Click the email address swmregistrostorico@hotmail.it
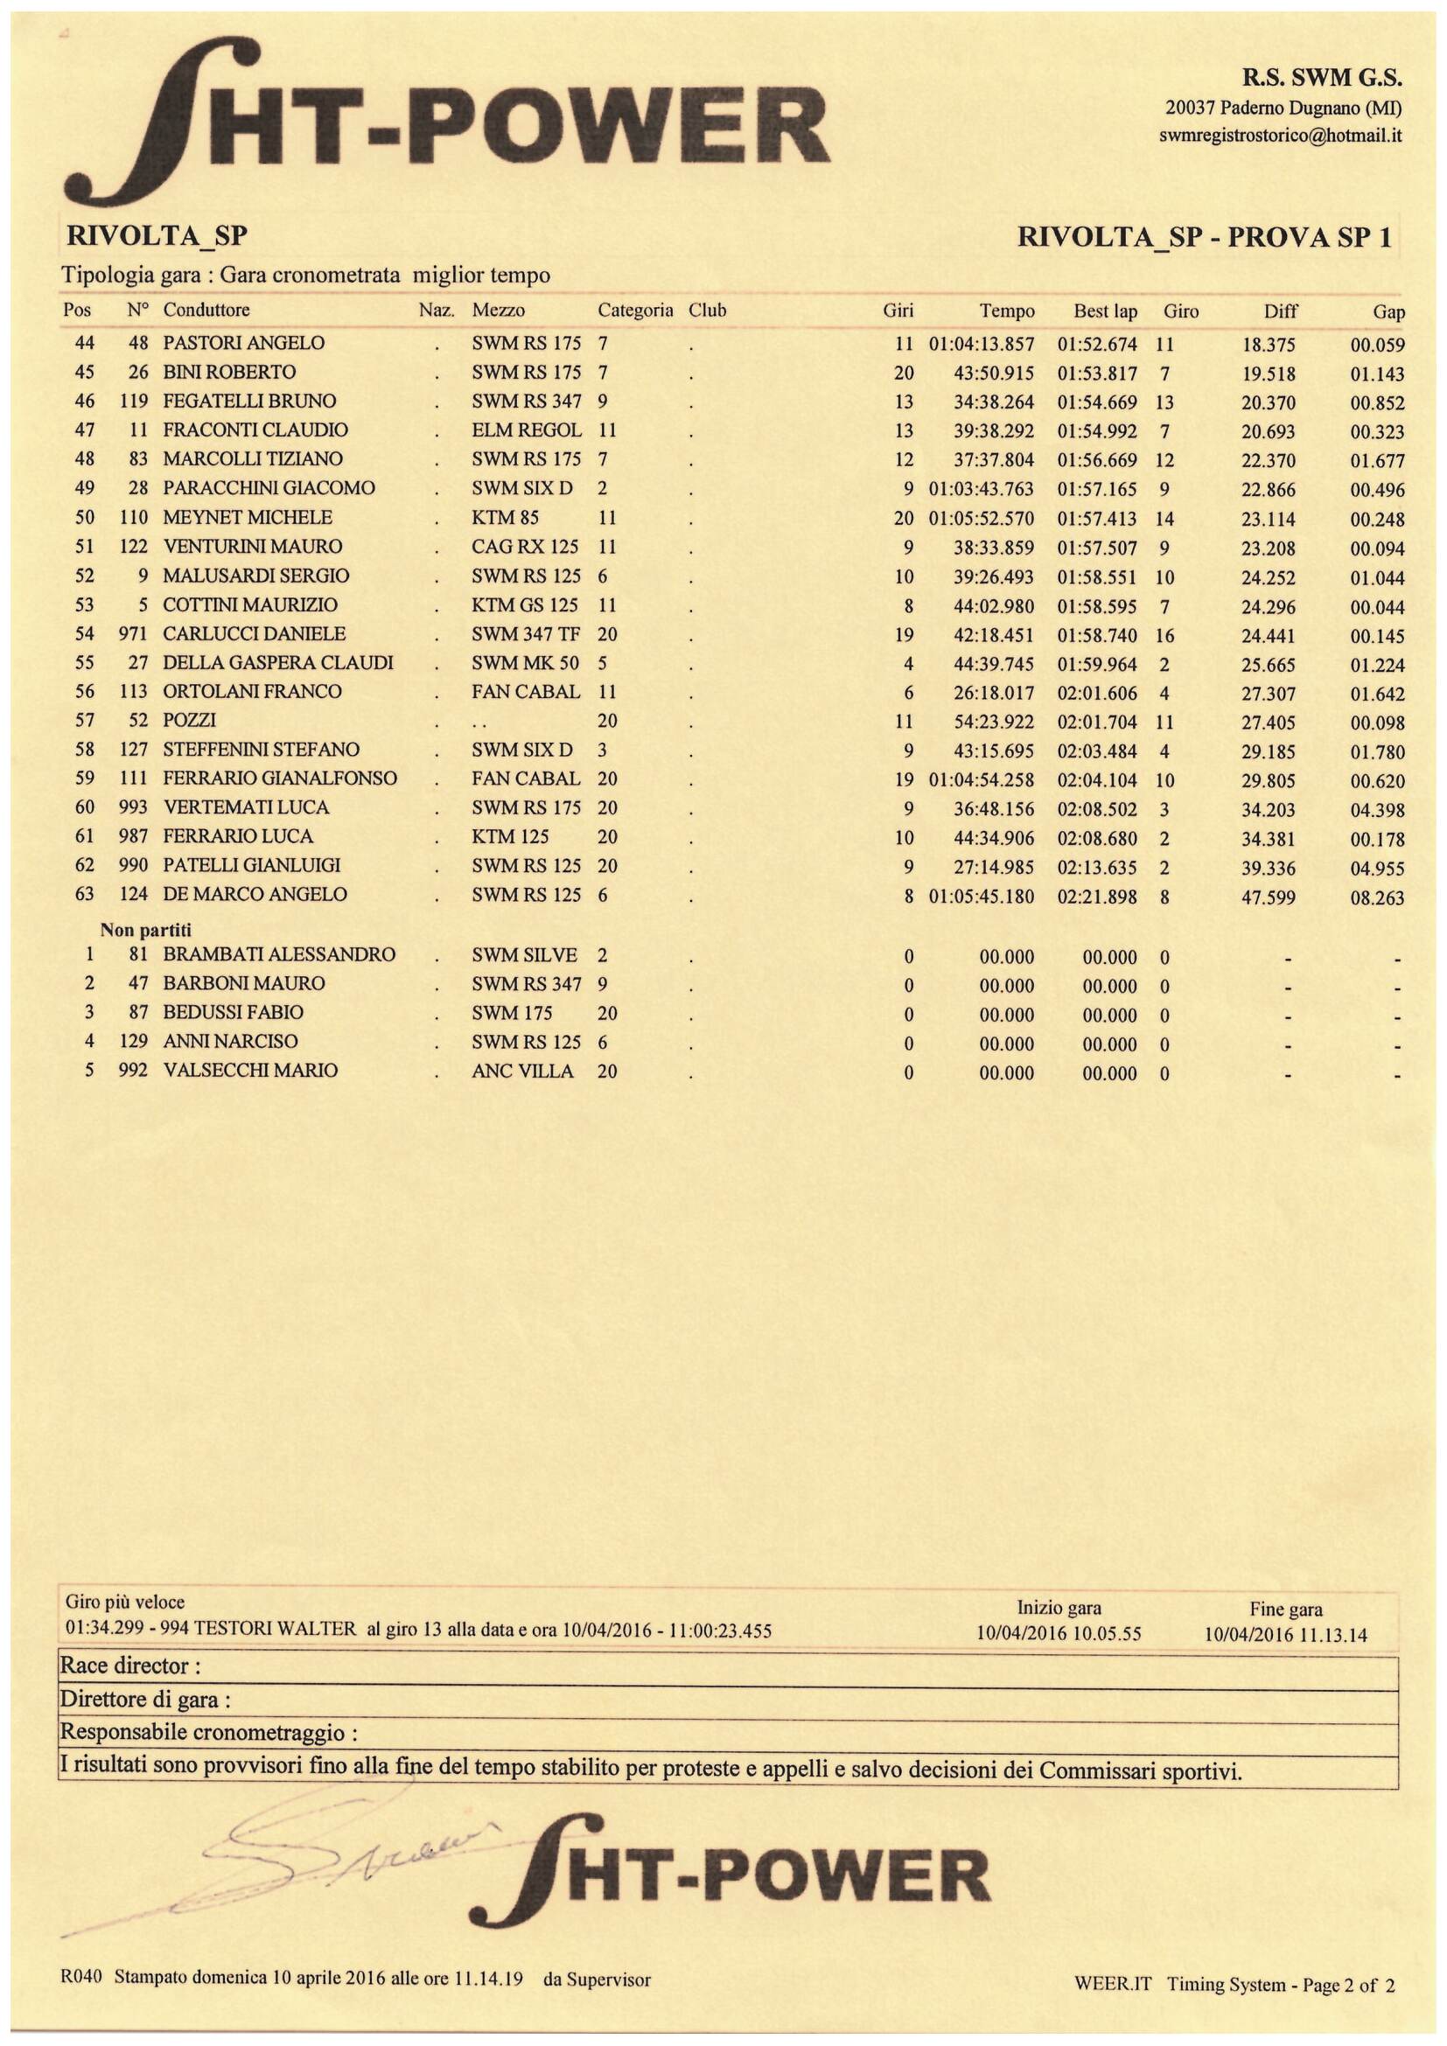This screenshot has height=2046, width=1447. pyautogui.click(x=1281, y=136)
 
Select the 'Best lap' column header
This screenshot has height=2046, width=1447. pyautogui.click(x=1105, y=312)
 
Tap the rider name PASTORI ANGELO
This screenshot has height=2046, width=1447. pyautogui.click(x=243, y=343)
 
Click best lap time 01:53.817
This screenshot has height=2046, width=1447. pyautogui.click(x=1097, y=374)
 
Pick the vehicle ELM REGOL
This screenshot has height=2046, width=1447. pyautogui.click(x=527, y=430)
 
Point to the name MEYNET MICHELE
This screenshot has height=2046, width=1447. pyautogui.click(x=247, y=518)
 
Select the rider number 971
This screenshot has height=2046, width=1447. pyautogui.click(x=133, y=634)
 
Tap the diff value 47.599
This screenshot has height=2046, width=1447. pyautogui.click(x=1268, y=897)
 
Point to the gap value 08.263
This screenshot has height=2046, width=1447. pyautogui.click(x=1377, y=898)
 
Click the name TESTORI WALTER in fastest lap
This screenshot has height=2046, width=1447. pyautogui.click(x=275, y=1630)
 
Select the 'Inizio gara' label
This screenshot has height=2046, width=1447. pyautogui.click(x=1059, y=1609)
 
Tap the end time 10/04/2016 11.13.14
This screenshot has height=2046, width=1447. pyautogui.click(x=1285, y=1635)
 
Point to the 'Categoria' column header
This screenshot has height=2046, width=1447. pyautogui.click(x=634, y=311)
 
